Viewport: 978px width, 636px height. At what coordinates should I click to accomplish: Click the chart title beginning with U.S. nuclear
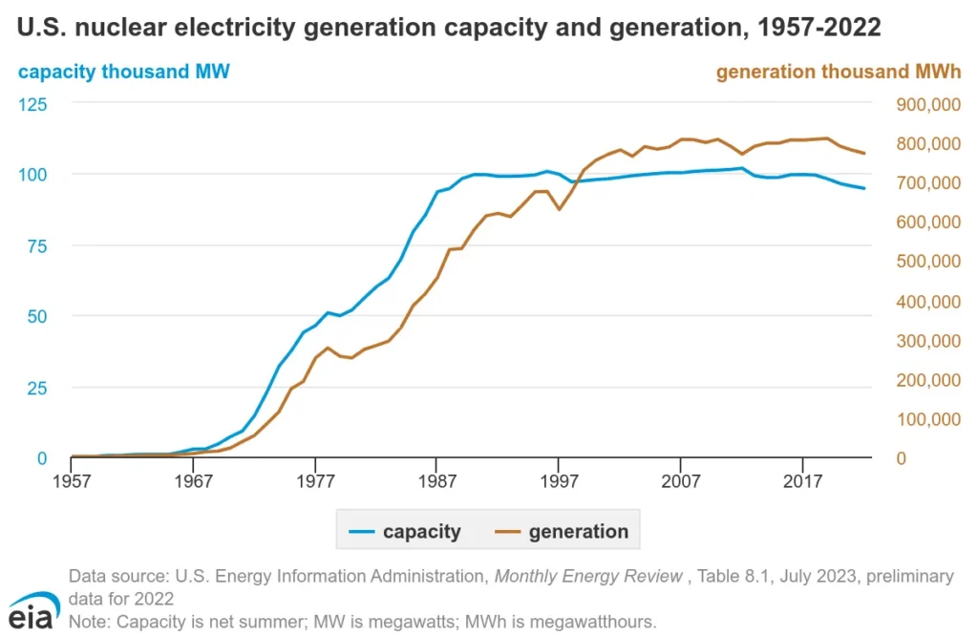point(449,28)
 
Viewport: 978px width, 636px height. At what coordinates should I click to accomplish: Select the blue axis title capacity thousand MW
point(124,72)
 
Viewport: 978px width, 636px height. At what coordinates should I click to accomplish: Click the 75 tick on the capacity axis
point(36,244)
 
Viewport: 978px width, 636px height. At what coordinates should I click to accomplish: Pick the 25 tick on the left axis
point(36,387)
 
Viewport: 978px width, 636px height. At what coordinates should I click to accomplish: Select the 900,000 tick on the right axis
point(926,103)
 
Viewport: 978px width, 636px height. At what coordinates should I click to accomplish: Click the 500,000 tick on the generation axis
point(926,261)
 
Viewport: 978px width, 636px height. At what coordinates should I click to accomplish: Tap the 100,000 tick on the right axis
point(926,418)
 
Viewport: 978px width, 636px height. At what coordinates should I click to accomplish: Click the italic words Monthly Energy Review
point(587,576)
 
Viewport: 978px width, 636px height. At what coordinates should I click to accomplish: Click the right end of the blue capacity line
point(864,188)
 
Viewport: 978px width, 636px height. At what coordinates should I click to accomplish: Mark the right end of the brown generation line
point(864,153)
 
